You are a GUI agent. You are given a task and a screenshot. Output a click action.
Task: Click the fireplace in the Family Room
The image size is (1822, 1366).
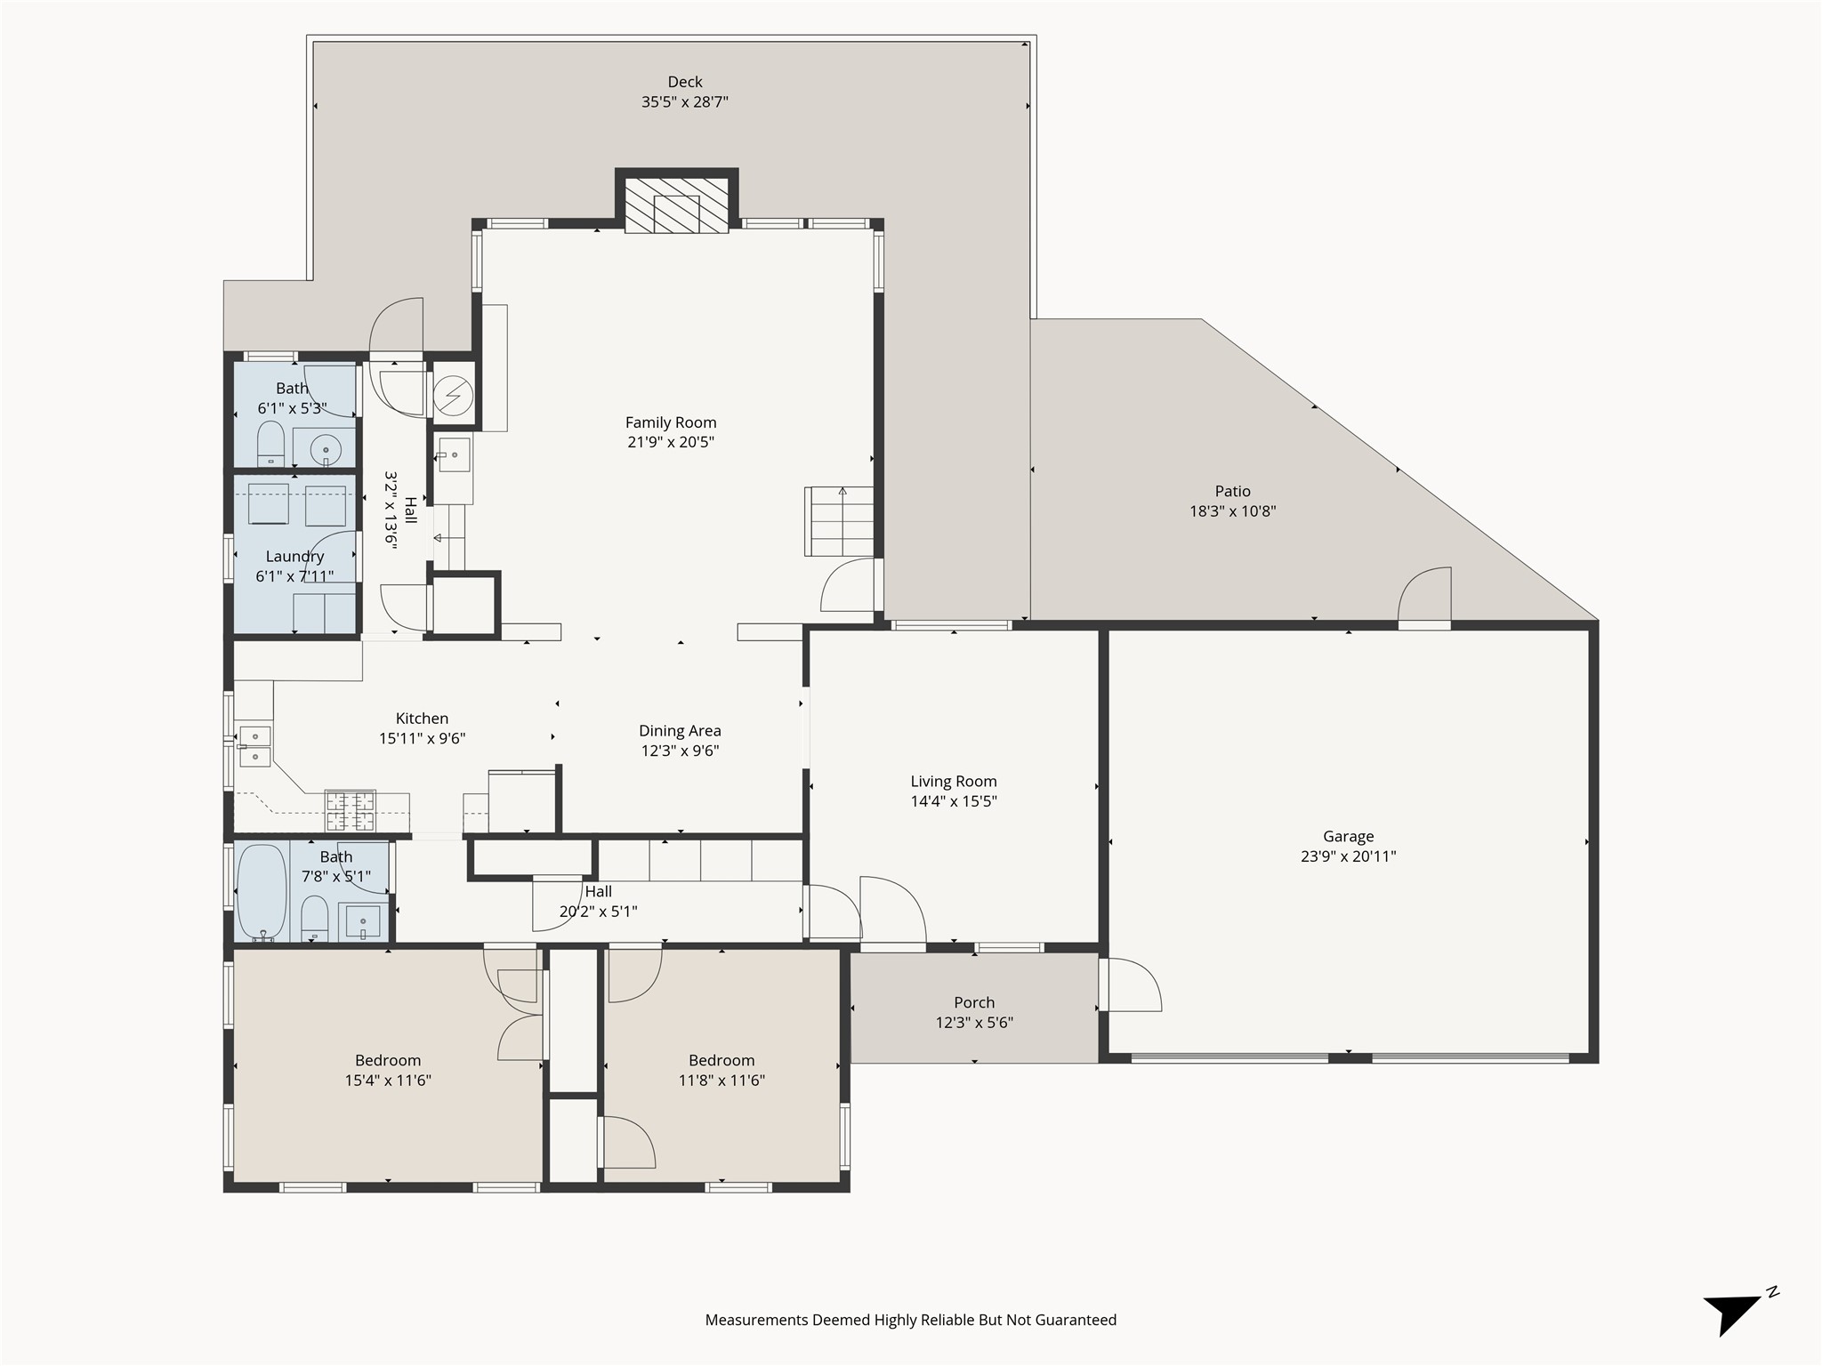(676, 205)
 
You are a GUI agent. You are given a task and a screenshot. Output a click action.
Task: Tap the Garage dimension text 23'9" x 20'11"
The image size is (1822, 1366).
(1348, 856)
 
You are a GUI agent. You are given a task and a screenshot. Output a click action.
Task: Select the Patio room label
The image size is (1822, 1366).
(1232, 491)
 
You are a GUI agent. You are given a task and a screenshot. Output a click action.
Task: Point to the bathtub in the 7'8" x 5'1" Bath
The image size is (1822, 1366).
(262, 892)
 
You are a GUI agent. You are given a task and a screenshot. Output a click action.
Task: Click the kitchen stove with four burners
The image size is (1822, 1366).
(350, 809)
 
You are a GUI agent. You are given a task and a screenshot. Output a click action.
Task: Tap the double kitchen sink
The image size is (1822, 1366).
(255, 746)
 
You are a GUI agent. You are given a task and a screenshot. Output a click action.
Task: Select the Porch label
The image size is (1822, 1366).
(974, 1002)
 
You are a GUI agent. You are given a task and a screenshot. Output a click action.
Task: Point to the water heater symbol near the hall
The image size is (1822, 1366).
(454, 395)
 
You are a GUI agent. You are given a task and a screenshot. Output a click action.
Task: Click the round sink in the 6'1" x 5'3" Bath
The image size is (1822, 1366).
(326, 450)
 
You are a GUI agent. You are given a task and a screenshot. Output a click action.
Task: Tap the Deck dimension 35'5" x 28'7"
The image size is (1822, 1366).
(684, 102)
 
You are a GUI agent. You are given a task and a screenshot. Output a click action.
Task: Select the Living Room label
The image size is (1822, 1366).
(953, 781)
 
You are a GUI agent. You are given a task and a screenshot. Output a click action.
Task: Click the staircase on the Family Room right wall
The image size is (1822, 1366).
(840, 521)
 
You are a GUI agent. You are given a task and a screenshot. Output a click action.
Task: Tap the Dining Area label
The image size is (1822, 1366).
(680, 731)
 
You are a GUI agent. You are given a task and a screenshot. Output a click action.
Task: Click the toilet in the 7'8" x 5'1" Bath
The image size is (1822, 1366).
(314, 919)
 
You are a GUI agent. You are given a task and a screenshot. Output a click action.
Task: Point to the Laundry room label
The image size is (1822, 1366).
(294, 557)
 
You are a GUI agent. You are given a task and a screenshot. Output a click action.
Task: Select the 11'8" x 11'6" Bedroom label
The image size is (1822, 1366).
(721, 1060)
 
